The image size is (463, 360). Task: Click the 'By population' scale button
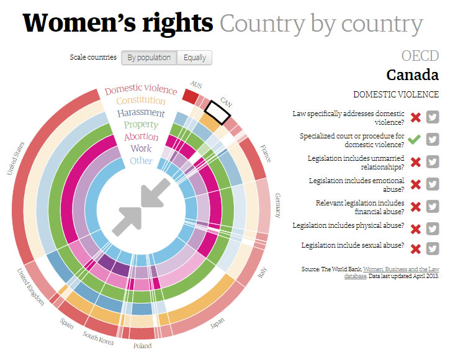point(149,58)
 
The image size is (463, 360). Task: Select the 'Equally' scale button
point(195,58)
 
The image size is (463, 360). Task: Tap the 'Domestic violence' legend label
point(141,89)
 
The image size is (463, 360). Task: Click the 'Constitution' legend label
point(141,101)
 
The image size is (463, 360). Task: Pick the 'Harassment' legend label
point(141,113)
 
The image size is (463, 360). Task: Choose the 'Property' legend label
point(141,125)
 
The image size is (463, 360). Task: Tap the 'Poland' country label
point(142,346)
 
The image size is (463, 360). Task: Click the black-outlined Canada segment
point(218,110)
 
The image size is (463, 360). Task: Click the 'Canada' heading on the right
point(412,75)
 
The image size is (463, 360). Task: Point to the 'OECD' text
point(420,56)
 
